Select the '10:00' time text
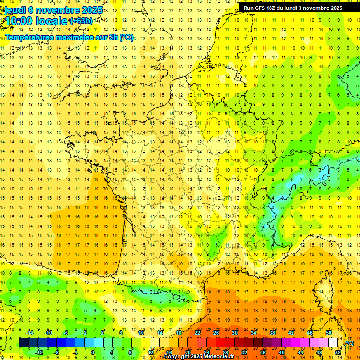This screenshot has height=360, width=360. (x=18, y=21)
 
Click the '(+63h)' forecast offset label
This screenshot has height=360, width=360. (x=81, y=21)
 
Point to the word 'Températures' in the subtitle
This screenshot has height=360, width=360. (x=28, y=37)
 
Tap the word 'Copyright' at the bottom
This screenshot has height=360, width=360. (x=177, y=357)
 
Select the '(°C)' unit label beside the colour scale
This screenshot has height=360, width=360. (x=349, y=343)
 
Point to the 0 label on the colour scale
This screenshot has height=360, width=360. (x=93, y=352)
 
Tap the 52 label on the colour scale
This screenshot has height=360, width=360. (x=338, y=352)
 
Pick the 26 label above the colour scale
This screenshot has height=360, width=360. (x=216, y=333)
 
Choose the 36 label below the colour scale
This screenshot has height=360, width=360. (x=263, y=352)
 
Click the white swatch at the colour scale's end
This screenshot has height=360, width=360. (x=333, y=343)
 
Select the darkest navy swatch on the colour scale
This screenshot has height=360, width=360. (x=23, y=343)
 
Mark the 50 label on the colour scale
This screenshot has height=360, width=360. (x=329, y=333)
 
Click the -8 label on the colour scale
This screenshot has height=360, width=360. (x=57, y=352)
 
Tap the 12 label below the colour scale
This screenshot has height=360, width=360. (x=150, y=352)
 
